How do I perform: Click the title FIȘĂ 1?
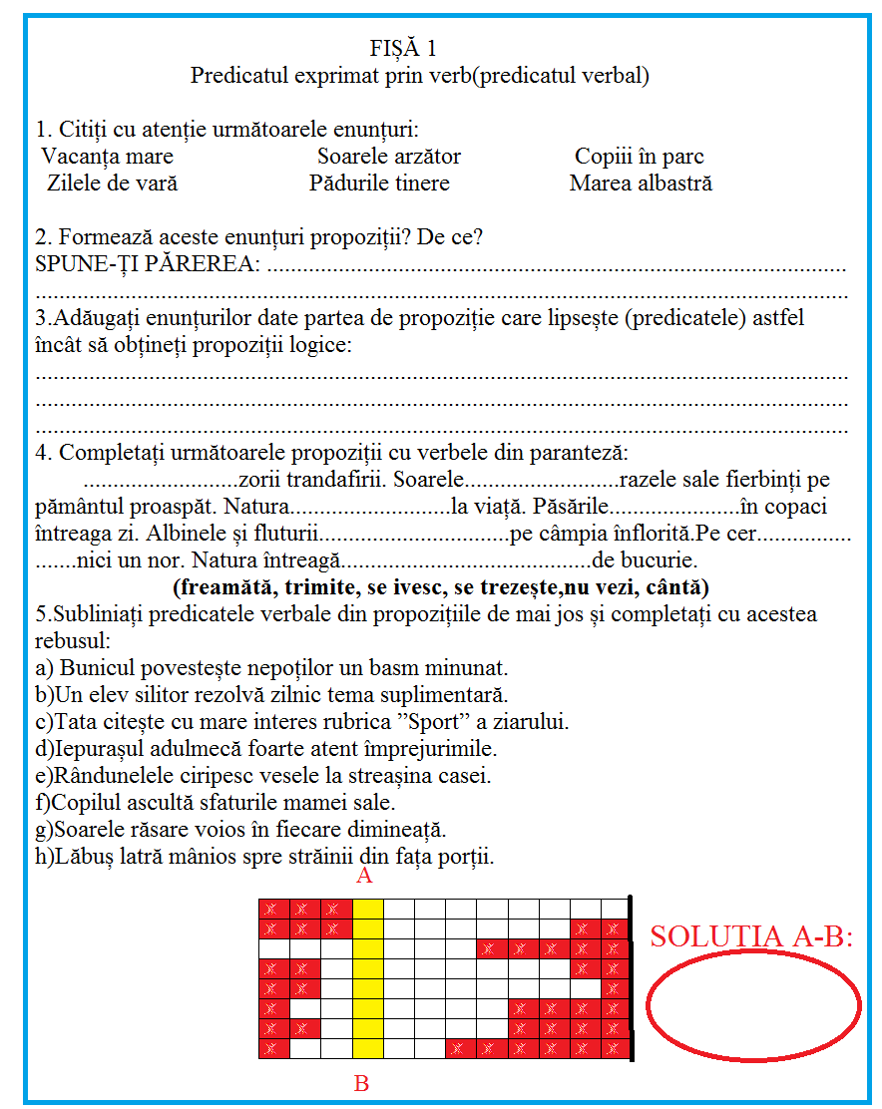click(403, 48)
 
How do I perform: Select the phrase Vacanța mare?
click(108, 157)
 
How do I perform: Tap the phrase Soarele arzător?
click(389, 157)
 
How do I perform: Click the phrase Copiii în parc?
click(639, 157)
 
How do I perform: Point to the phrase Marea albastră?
click(641, 184)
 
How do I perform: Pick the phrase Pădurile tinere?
click(379, 184)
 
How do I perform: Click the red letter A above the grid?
click(364, 877)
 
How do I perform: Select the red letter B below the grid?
click(361, 1084)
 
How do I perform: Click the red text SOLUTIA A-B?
click(752, 936)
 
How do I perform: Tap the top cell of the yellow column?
click(368, 908)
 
